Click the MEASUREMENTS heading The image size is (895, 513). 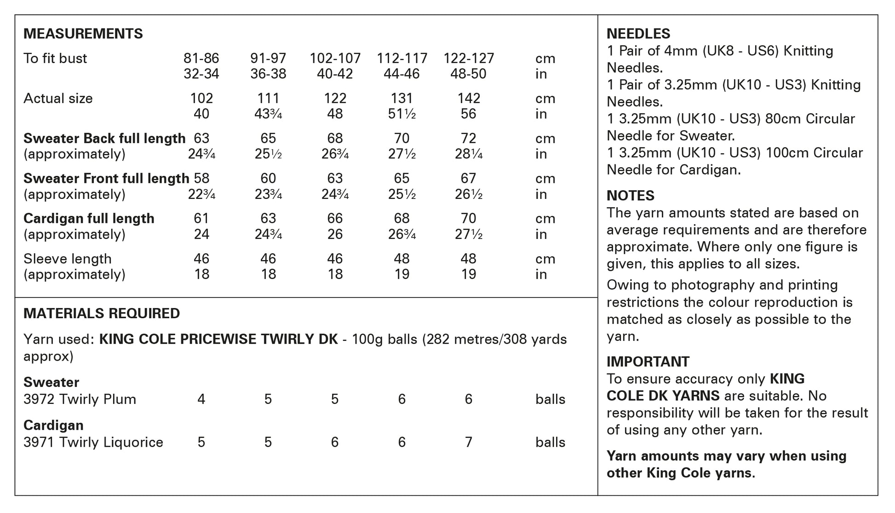click(83, 34)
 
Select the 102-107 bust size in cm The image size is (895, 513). click(335, 58)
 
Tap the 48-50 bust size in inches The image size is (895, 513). click(468, 74)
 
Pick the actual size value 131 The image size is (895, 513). click(402, 99)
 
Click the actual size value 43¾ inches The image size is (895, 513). click(268, 114)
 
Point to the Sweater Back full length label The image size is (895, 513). click(104, 139)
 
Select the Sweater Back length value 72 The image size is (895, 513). click(468, 139)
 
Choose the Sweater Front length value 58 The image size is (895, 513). click(201, 179)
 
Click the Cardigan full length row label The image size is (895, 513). click(89, 219)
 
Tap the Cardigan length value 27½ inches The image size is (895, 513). click(468, 234)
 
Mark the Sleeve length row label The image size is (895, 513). click(68, 259)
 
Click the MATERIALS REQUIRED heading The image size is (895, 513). click(102, 314)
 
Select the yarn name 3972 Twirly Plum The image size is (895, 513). click(80, 399)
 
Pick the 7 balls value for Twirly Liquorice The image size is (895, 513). click(468, 443)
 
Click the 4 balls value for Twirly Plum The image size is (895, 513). click(201, 399)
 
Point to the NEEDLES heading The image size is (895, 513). click(638, 34)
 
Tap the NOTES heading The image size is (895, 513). click(630, 196)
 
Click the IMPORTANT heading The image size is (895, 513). click(648, 362)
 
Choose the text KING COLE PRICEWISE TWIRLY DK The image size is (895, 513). click(218, 339)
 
